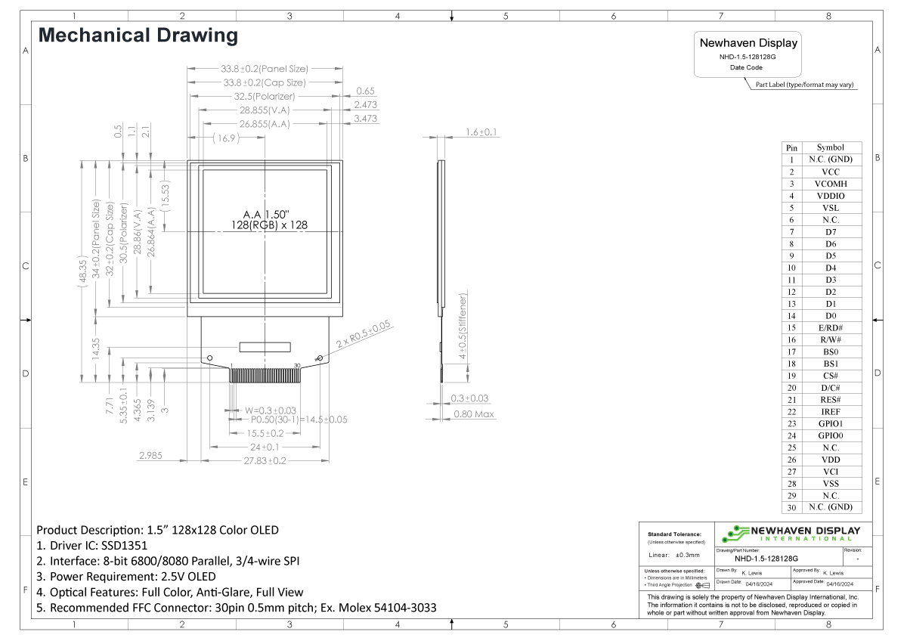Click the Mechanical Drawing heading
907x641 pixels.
138,35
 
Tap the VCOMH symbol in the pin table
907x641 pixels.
830,184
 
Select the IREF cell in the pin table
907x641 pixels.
830,412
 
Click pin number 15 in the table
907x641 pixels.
791,327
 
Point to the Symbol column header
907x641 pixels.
830,147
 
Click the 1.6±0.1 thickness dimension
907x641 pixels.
481,132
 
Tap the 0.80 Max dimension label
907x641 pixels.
474,414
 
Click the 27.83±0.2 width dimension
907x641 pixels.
264,460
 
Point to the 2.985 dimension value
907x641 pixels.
150,455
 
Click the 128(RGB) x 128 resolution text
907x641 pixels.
270,225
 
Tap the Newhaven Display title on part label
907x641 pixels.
748,43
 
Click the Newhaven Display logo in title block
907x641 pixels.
791,534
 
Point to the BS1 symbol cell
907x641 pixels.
830,364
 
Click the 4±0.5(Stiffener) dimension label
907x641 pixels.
462,328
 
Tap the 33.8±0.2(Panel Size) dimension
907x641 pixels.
265,69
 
